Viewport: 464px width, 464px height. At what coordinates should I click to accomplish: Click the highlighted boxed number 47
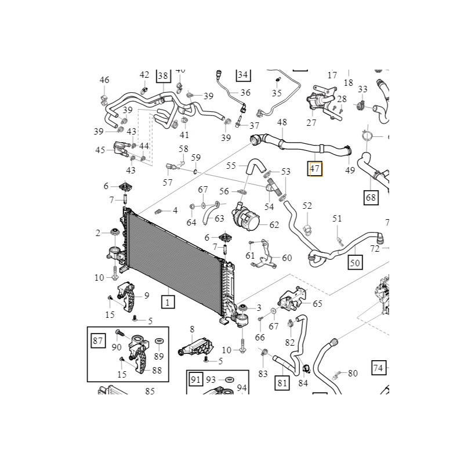tap(316, 169)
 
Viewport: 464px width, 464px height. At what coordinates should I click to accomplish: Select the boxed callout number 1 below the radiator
tap(167, 302)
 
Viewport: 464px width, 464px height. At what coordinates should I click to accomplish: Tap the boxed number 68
tap(371, 198)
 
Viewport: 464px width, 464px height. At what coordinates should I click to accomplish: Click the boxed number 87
tap(97, 340)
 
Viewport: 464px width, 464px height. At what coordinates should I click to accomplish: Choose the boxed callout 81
tap(282, 382)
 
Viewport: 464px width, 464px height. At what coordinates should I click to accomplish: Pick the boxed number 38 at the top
tap(162, 76)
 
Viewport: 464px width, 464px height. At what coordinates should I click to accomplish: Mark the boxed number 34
tap(242, 75)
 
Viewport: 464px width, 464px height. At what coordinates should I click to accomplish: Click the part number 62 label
tap(274, 224)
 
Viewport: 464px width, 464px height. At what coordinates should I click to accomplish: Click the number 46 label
tap(104, 80)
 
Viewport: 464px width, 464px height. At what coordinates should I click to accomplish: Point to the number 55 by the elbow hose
tap(231, 165)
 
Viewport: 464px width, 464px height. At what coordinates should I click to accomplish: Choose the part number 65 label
tap(317, 303)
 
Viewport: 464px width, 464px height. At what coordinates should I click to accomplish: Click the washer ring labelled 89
tap(159, 339)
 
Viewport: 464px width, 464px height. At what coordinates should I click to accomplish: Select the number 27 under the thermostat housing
tap(311, 122)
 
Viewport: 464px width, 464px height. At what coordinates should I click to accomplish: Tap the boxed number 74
tap(378, 368)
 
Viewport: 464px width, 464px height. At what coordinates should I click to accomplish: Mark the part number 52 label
tap(307, 206)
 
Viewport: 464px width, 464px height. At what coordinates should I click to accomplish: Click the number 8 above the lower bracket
tap(192, 329)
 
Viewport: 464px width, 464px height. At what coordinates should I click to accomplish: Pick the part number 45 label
tap(100, 150)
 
